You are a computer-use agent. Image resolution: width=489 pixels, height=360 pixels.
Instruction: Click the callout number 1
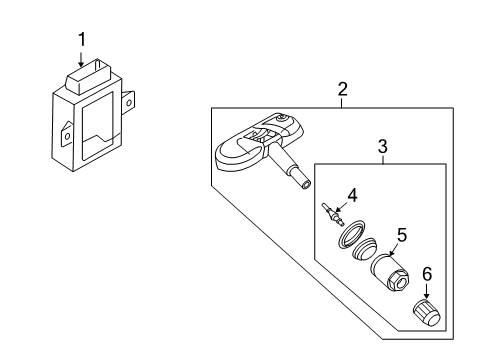coord(82,39)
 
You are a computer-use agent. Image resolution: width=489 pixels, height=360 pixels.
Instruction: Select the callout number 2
coord(342,89)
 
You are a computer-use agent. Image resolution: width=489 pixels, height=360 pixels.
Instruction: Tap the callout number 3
coord(383,146)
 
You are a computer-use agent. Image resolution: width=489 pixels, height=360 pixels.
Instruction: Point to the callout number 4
coord(352,195)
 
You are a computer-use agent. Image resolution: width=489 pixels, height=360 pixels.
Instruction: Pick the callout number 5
coord(402,235)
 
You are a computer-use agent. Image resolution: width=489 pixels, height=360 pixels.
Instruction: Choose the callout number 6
coord(427,274)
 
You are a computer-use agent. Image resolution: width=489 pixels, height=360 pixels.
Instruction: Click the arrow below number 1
coord(81,58)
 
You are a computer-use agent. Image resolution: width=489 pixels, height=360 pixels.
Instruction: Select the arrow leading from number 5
coord(394,249)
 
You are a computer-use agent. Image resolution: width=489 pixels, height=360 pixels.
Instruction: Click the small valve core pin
coord(333,214)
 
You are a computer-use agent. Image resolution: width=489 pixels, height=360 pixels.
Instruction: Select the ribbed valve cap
coord(427,313)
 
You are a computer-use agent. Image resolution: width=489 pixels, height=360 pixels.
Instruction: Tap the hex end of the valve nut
coord(398,280)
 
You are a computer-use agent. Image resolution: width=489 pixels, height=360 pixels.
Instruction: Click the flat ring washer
coord(351,234)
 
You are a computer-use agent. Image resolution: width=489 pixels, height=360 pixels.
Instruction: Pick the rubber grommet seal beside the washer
coord(364,249)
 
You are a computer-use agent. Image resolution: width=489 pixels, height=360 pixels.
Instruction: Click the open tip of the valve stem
coord(306,184)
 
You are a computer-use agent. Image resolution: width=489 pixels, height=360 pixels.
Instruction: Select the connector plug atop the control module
coord(88,76)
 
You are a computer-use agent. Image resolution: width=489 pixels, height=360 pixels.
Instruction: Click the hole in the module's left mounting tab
coord(67,136)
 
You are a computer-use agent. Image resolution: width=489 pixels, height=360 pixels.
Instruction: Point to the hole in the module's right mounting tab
coord(129,102)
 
